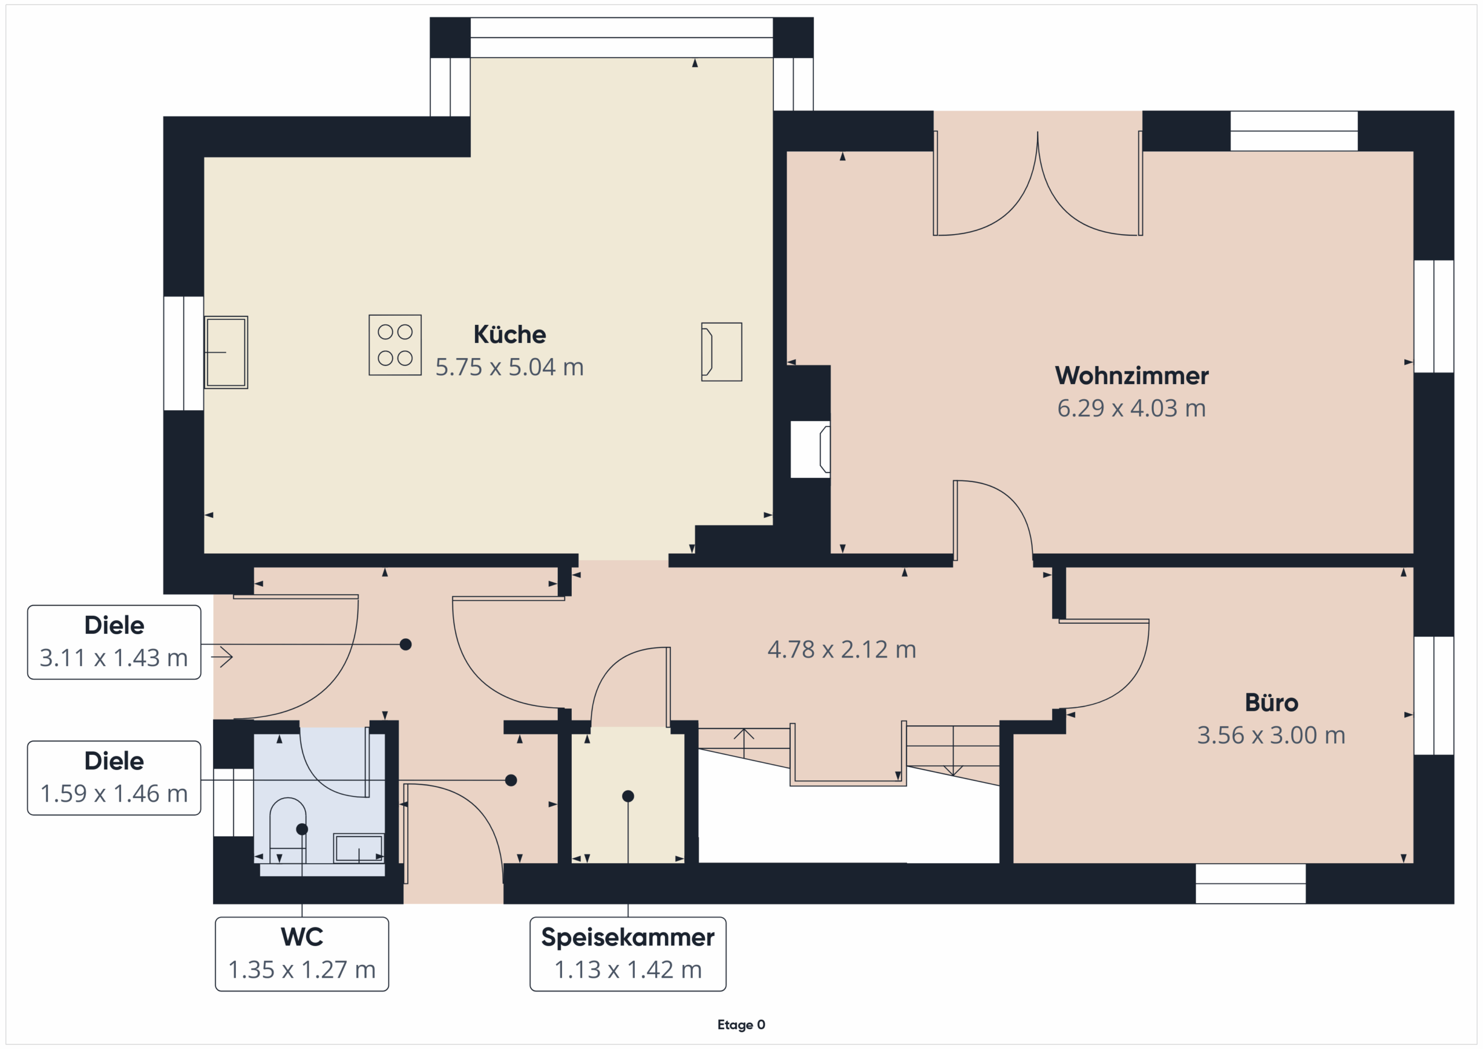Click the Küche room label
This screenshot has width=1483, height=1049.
tap(510, 335)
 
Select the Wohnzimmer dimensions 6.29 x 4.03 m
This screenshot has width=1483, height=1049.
tap(1131, 408)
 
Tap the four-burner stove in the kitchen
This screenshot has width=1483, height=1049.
tap(395, 345)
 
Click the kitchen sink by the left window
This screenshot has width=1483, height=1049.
tap(226, 352)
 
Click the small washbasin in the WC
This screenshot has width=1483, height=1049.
tap(359, 848)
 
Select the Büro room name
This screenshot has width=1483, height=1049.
tap(1271, 703)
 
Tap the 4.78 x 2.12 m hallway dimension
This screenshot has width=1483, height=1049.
tap(842, 649)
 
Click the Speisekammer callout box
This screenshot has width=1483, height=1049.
tap(628, 954)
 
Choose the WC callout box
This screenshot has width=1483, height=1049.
tap(302, 954)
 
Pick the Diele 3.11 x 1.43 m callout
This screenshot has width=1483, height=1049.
tap(114, 642)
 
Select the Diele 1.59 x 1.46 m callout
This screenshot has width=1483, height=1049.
tap(114, 778)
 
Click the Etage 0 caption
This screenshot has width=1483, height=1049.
tap(741, 1025)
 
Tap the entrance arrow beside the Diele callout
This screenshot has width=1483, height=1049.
tap(221, 657)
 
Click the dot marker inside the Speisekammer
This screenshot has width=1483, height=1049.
tap(628, 796)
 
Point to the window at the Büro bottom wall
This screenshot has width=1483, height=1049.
tap(1251, 884)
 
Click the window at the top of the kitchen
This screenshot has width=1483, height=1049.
tap(622, 38)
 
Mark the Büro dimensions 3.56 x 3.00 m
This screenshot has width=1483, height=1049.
tap(1271, 735)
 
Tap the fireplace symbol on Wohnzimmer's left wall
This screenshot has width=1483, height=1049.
tap(810, 449)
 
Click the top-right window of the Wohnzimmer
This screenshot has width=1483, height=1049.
tap(1294, 131)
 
